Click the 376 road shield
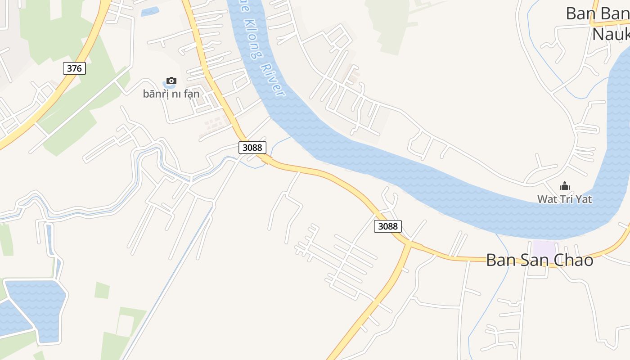pos(74,68)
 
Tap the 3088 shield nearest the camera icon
pos(252,147)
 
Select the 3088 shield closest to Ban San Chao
pos(387,226)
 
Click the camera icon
pos(171,81)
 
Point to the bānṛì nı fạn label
pos(171,94)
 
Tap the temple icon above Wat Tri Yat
pos(565,186)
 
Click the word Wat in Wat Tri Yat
pos(546,199)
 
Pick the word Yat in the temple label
pos(583,199)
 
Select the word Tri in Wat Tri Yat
pos(565,199)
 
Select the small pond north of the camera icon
pos(150,12)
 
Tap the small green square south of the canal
pos(102,290)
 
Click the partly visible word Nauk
pos(610,34)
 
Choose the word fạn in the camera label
pos(191,94)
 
